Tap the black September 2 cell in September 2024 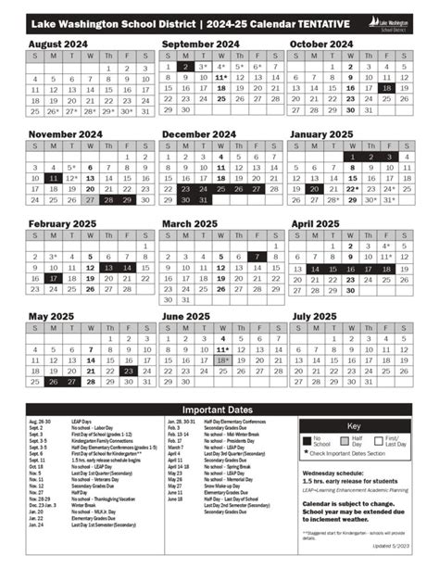point(185,67)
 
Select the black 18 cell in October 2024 point(387,89)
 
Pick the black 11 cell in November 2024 point(53,177)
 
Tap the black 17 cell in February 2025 point(53,278)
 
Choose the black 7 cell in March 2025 point(257,257)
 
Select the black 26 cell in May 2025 point(53,381)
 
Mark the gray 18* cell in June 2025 point(222,360)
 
